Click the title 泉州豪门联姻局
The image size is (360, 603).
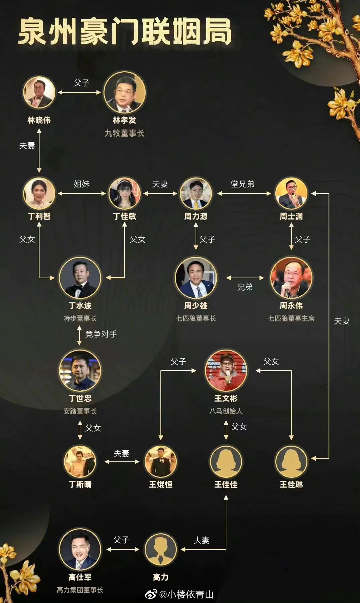[125, 32]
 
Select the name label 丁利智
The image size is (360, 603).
[39, 216]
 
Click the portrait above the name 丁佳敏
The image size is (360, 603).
[125, 194]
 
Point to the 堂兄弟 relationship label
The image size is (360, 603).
[242, 184]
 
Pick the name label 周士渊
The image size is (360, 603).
[291, 216]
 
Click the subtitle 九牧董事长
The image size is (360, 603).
[125, 133]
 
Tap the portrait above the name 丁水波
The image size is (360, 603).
[80, 278]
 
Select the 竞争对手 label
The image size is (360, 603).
[101, 334]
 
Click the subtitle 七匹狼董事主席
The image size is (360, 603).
[291, 318]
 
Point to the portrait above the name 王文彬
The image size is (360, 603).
[226, 370]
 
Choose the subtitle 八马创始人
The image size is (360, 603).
[226, 411]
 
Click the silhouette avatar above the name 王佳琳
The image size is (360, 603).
[291, 461]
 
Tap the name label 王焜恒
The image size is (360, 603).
[160, 484]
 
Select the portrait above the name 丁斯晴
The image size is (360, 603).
[80, 461]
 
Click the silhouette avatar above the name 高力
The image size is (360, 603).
[160, 549]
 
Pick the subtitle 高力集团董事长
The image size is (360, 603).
[80, 590]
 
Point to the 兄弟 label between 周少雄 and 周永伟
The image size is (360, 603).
[245, 287]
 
